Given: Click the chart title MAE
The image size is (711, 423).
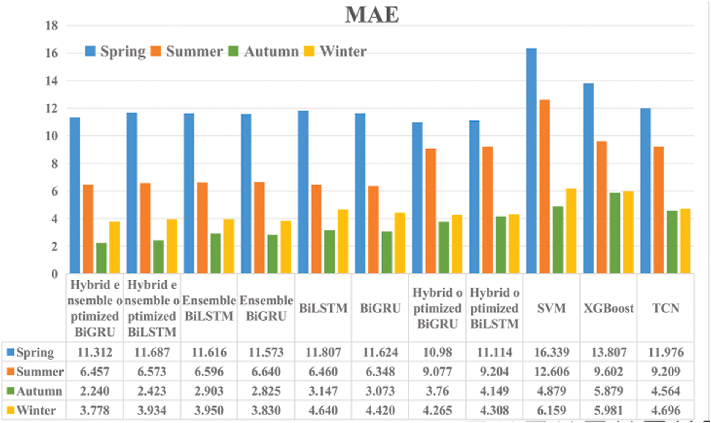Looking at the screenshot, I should coord(371,15).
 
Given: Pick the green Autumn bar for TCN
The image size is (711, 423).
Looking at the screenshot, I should coord(672,242).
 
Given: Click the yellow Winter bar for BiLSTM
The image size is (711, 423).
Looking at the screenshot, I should coord(343,241).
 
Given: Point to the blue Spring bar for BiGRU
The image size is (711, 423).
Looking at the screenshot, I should coord(360,193).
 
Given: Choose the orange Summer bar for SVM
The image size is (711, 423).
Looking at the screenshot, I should coord(544,187).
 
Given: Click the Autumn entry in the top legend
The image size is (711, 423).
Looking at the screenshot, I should coord(271,51).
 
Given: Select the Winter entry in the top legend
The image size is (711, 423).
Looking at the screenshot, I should coord(343,51).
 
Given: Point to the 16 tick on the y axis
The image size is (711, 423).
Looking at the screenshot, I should coord(52,53).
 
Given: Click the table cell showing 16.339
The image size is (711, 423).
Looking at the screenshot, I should coord(552,352).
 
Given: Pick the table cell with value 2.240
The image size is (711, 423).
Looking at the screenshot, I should coord(95,391).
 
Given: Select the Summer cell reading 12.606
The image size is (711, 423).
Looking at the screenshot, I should coord(552,372).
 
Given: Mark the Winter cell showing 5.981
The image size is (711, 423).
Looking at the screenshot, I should coord(608,411).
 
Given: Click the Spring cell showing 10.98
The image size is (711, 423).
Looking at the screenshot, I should coord(437,352).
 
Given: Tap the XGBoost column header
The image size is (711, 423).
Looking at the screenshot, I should coord(608,308).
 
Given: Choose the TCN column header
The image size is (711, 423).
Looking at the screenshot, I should coord(666,308).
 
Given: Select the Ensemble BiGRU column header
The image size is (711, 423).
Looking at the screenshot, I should coord(266,308).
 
